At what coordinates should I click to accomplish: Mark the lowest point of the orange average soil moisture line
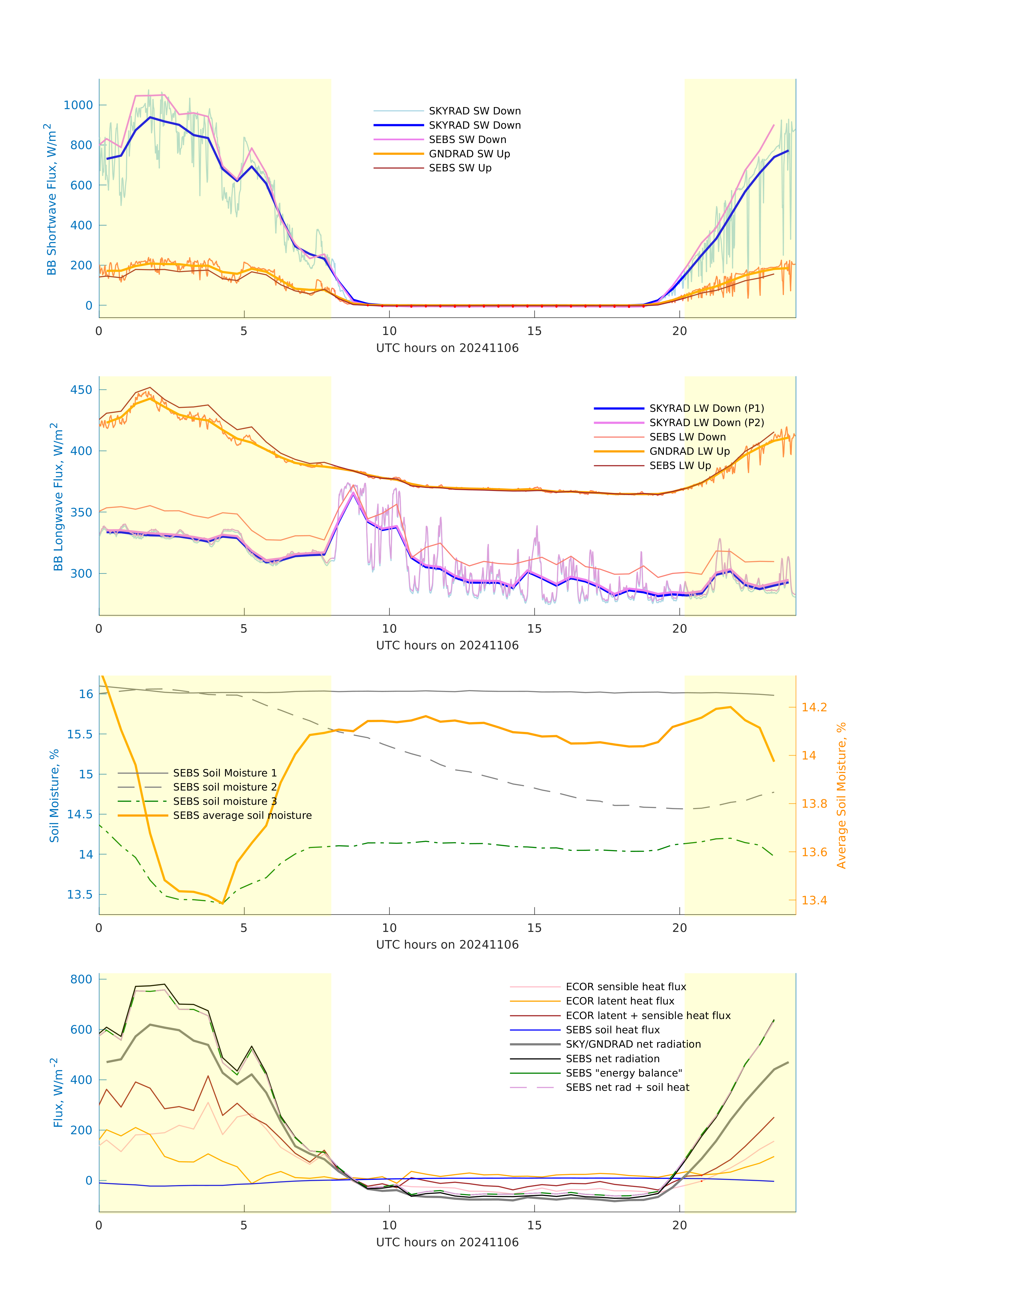(222, 903)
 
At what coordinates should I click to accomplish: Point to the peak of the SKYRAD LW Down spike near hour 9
(354, 493)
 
